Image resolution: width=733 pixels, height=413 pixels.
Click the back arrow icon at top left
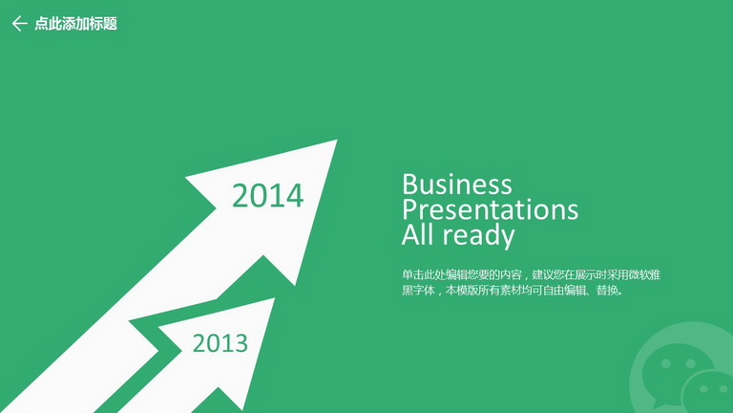click(x=20, y=23)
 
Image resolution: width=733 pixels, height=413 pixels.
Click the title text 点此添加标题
click(x=75, y=23)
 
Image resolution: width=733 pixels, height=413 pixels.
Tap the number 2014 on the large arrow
click(x=268, y=195)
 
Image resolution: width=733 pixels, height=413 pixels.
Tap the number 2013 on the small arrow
click(x=220, y=343)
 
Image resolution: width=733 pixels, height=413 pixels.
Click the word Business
click(x=457, y=184)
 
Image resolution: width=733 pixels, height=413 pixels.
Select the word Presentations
click(x=490, y=209)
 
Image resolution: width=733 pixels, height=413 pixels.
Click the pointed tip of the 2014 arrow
click(x=337, y=140)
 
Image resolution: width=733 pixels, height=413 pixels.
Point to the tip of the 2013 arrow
click(x=275, y=298)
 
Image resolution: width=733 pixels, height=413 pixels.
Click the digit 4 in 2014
click(x=295, y=195)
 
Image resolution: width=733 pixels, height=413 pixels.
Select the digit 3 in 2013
click(x=241, y=343)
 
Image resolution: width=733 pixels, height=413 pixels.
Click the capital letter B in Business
click(x=409, y=184)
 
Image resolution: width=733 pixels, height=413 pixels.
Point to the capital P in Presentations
click(x=409, y=209)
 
